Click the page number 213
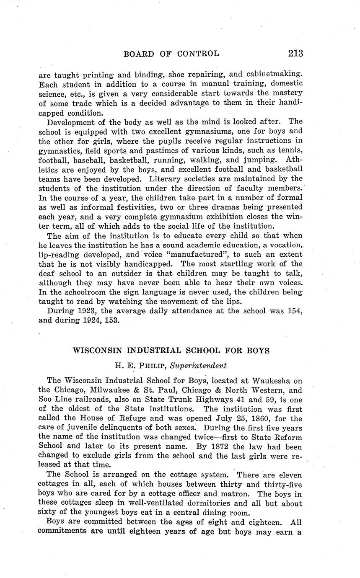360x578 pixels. pyautogui.click(x=295, y=53)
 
